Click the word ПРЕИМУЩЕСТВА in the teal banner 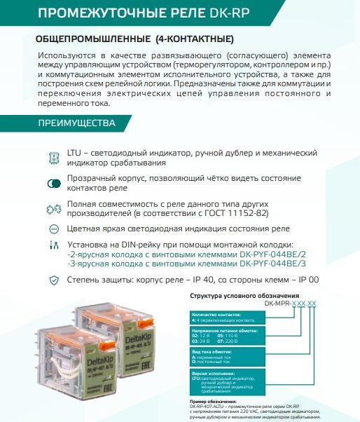tap(76, 124)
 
